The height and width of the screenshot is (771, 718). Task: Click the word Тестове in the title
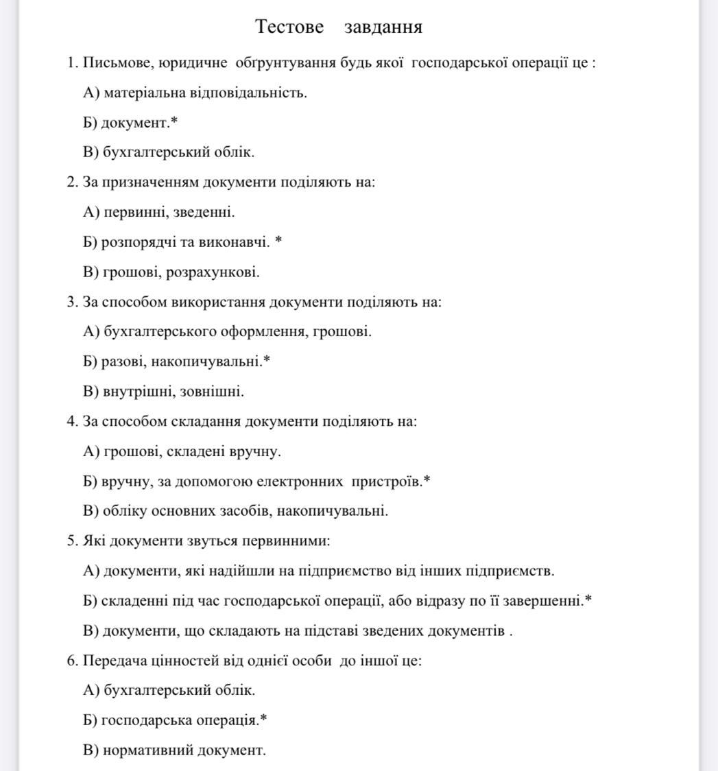[x=289, y=27]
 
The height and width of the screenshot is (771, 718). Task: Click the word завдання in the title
[x=383, y=27]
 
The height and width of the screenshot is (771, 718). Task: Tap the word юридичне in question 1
[x=193, y=63]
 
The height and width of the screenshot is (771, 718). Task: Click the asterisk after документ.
[x=174, y=122]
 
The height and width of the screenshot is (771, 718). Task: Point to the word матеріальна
[x=136, y=93]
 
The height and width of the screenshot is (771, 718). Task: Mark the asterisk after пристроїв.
[x=427, y=480]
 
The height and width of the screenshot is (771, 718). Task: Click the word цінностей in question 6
[x=193, y=661]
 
